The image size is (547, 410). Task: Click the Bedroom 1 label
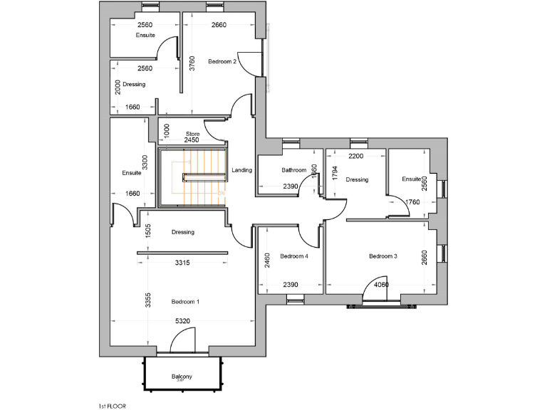click(185, 302)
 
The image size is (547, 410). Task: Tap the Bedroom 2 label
click(222, 62)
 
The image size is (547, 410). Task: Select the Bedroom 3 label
click(382, 256)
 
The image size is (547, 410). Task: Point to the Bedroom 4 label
click(293, 256)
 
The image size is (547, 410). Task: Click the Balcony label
click(181, 377)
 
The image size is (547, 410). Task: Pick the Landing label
click(242, 170)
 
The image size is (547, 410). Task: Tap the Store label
click(192, 134)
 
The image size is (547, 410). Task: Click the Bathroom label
click(293, 170)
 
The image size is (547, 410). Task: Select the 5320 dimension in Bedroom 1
click(182, 321)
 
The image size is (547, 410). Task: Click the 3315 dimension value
click(182, 263)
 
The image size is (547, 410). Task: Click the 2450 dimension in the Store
click(192, 140)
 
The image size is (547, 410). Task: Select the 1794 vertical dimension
click(334, 173)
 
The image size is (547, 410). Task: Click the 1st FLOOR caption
click(113, 405)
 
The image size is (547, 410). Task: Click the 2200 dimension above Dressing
click(356, 156)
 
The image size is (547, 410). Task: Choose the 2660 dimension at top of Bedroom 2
click(219, 26)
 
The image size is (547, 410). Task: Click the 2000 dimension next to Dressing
click(118, 86)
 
